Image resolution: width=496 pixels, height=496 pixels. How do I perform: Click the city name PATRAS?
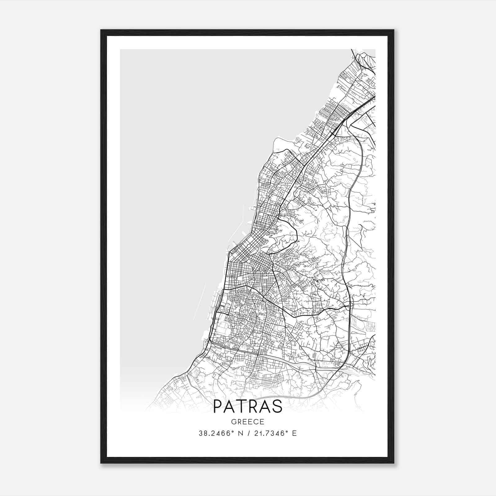[248, 406]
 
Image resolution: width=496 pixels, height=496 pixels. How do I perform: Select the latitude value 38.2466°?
[216, 433]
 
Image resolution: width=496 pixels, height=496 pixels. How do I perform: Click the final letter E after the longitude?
[294, 433]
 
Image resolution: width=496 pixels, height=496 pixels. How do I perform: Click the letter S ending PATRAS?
[277, 406]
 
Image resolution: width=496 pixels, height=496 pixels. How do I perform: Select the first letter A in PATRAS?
[231, 406]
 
